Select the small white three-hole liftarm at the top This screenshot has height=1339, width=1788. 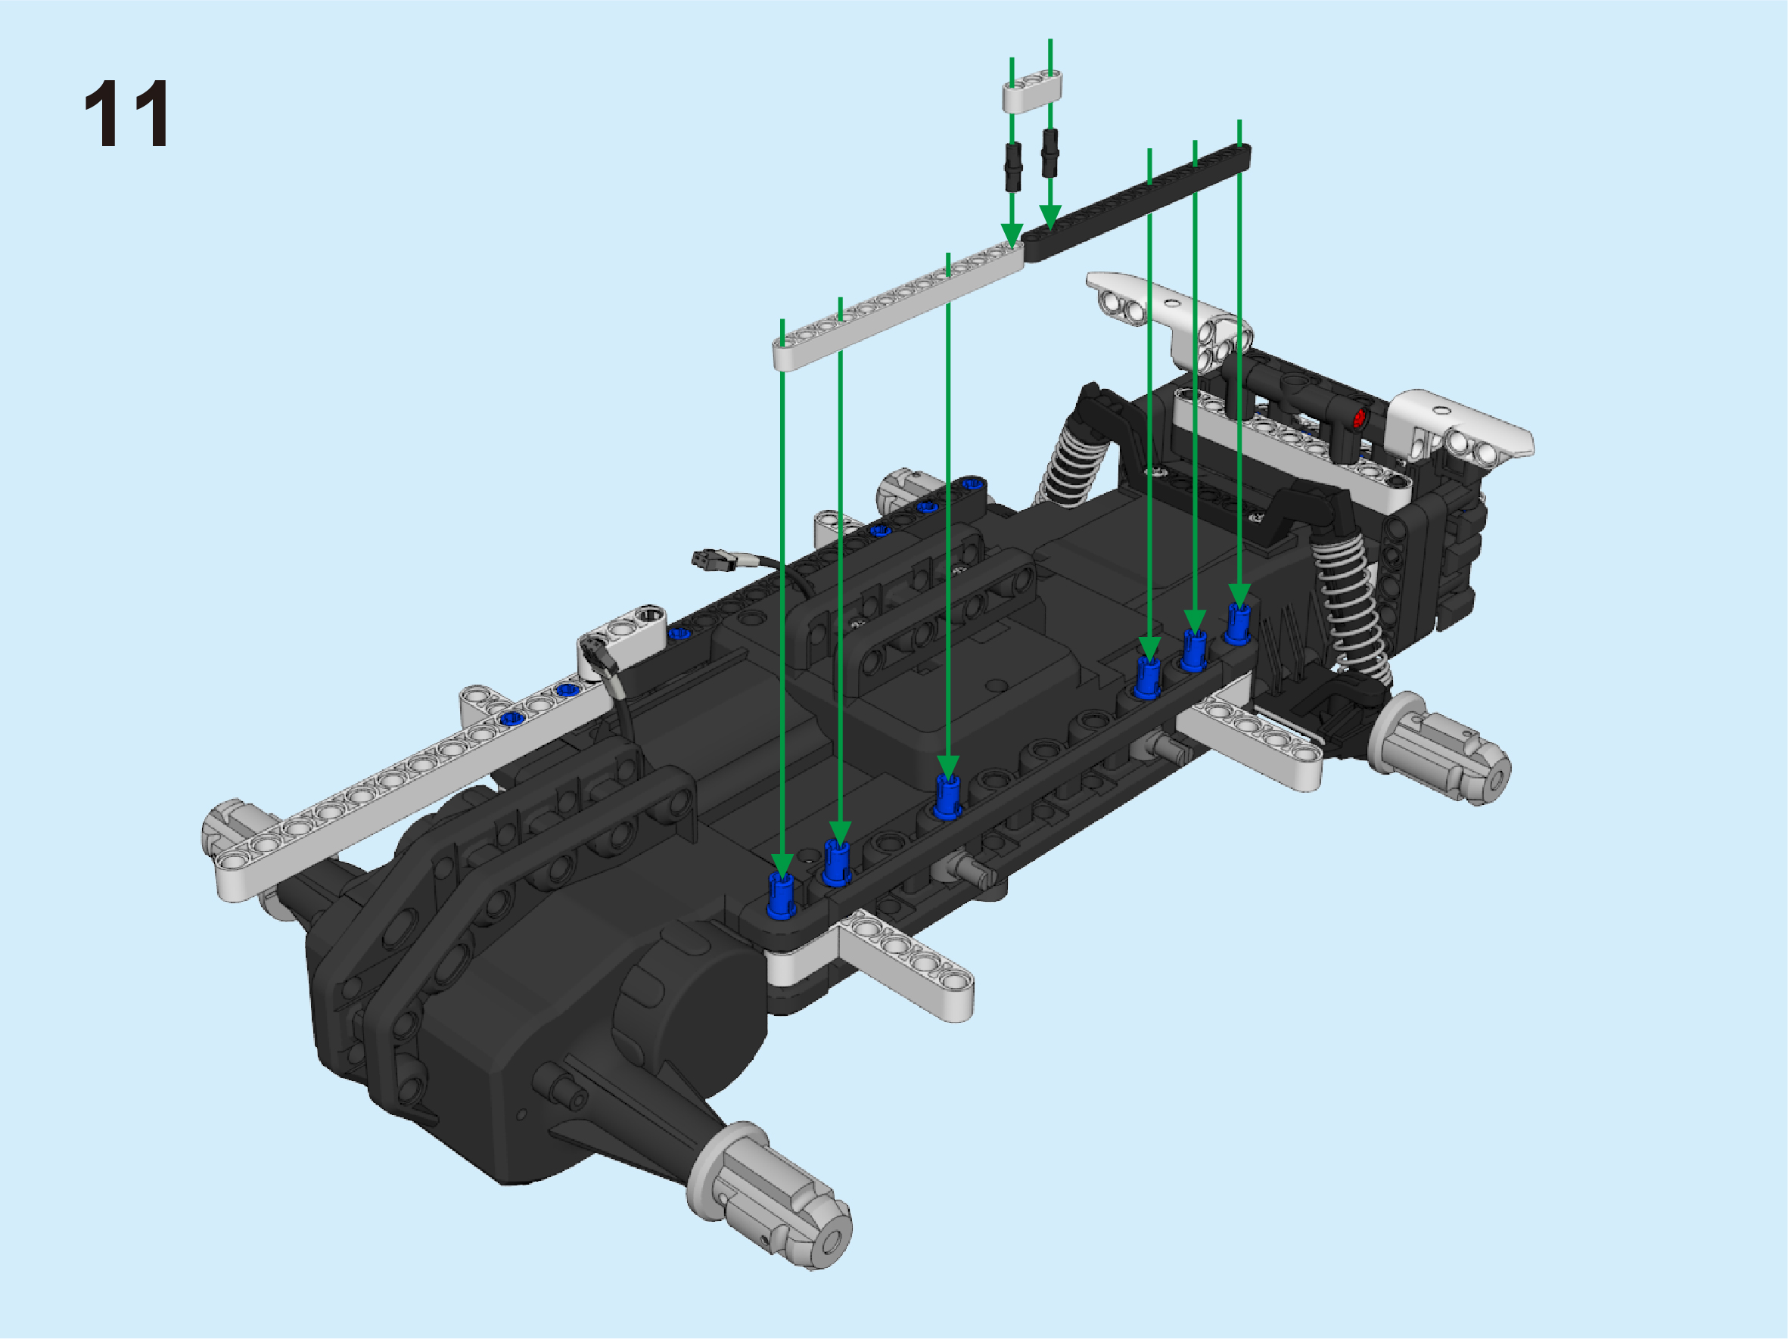1032,92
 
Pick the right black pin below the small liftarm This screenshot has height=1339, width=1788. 1050,153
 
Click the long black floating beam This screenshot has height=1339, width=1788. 1136,203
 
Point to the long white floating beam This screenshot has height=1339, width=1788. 898,306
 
